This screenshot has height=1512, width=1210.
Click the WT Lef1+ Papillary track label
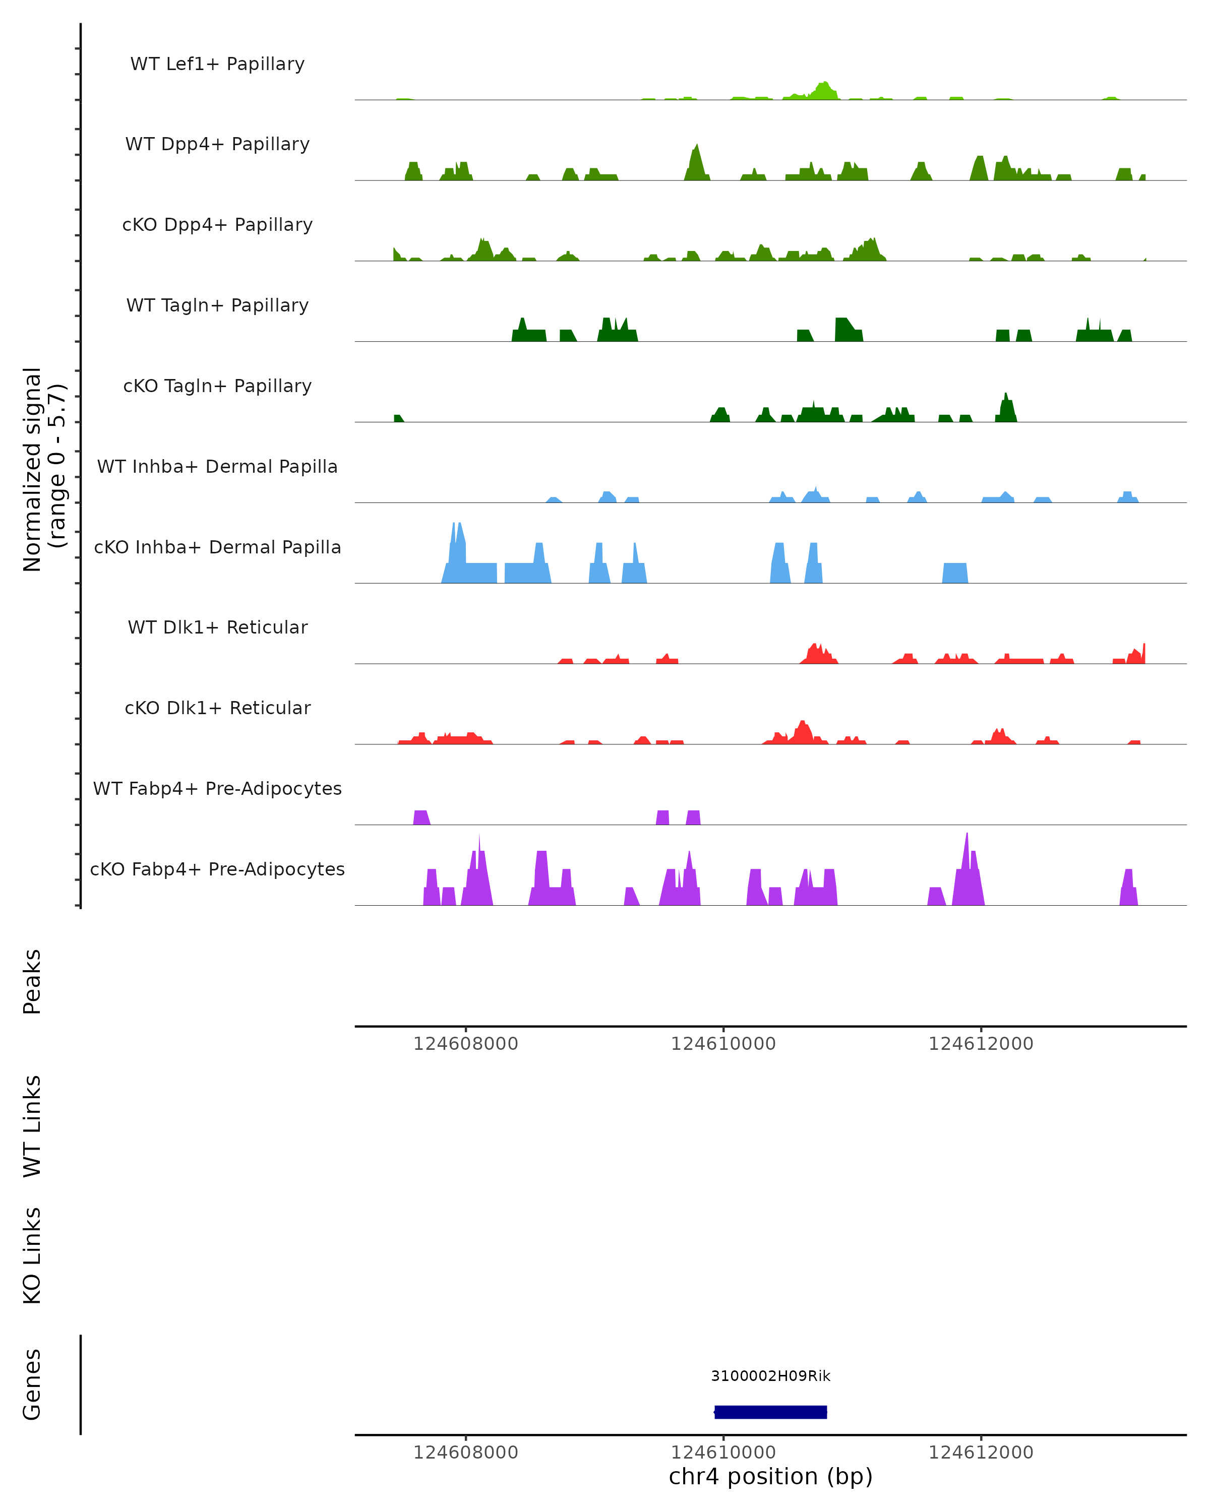217,64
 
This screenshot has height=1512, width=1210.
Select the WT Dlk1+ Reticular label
217,627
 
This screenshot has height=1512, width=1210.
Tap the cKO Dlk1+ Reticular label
217,708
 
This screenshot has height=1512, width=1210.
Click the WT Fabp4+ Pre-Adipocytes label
217,788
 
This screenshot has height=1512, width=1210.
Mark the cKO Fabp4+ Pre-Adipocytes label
217,869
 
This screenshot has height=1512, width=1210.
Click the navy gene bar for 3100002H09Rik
770,1412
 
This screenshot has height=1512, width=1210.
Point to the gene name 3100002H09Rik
770,1376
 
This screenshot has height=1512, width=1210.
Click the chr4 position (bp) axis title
770,1477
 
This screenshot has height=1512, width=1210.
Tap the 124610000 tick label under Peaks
723,1044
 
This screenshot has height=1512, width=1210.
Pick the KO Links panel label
32,1255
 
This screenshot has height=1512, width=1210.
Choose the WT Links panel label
32,1125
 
